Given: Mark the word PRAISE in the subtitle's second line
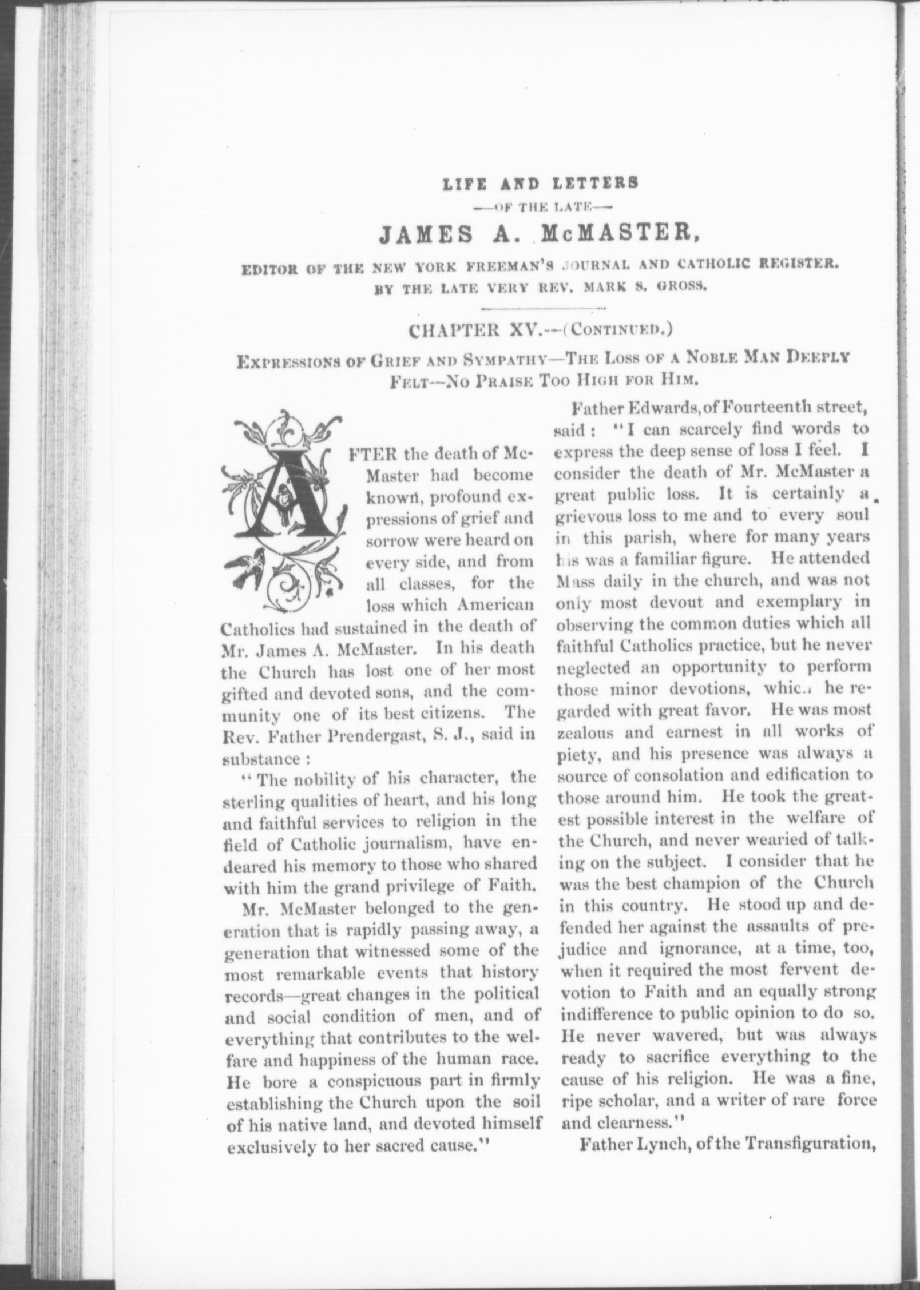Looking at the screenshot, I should tap(494, 378).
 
